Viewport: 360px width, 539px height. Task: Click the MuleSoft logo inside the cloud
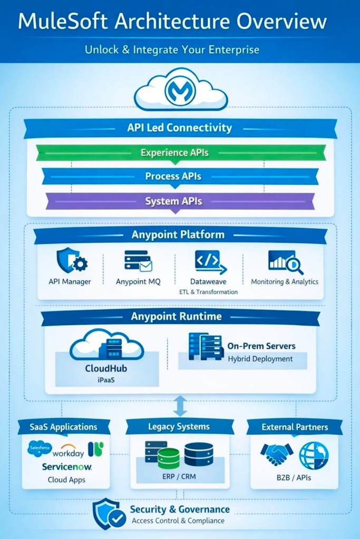(x=180, y=91)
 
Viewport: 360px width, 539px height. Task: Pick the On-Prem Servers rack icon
(x=205, y=347)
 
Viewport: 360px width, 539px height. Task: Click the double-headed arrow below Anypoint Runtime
(x=180, y=406)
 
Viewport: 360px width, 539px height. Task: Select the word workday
(x=68, y=453)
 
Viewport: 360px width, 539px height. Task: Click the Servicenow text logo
(x=67, y=467)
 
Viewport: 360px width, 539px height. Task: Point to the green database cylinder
(x=169, y=458)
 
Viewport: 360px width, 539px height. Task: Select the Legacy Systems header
(x=179, y=427)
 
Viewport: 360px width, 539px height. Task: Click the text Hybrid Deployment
(x=260, y=359)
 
